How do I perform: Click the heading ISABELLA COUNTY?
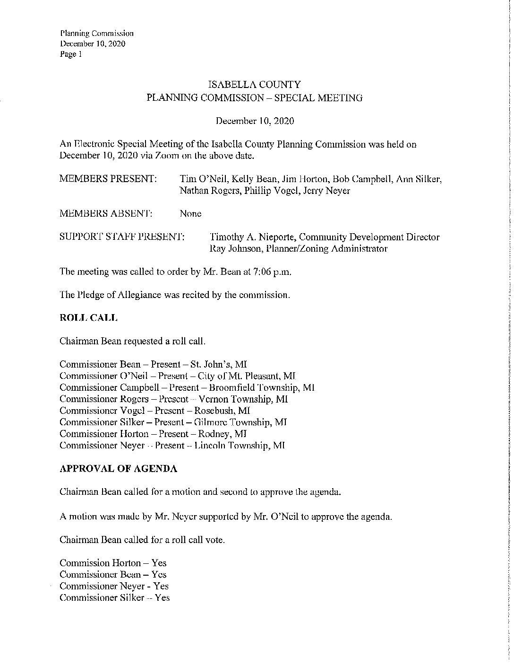[254, 85]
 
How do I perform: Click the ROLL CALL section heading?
[88, 318]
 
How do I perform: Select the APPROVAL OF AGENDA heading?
[119, 469]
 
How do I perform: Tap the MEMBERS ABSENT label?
[106, 214]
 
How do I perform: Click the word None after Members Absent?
[191, 214]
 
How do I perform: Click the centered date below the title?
[255, 121]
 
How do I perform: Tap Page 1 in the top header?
[71, 54]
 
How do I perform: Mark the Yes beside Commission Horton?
[159, 563]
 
